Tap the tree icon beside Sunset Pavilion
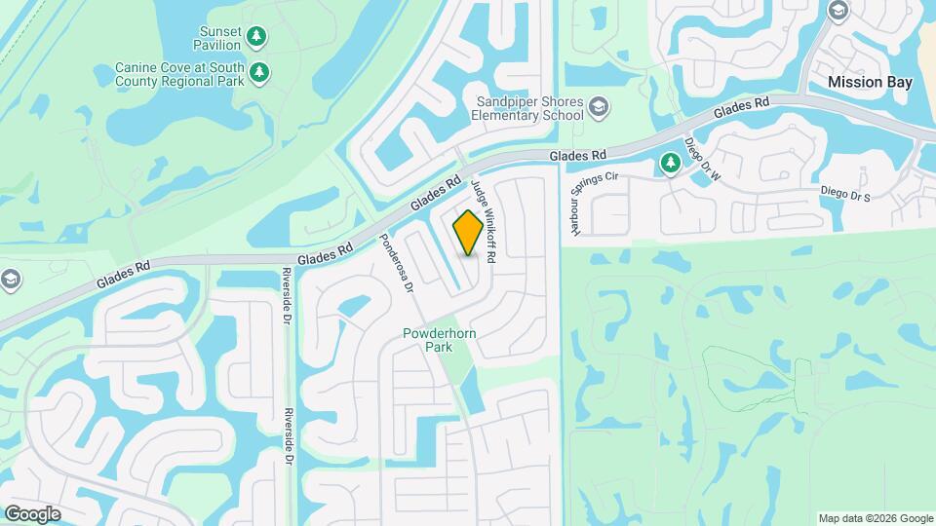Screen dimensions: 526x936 [x=256, y=37]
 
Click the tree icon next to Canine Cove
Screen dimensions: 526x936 [x=259, y=73]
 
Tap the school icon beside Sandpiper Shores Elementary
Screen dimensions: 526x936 [x=599, y=105]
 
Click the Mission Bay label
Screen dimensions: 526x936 [x=870, y=83]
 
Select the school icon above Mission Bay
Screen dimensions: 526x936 [x=838, y=11]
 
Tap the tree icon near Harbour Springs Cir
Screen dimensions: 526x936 [x=670, y=164]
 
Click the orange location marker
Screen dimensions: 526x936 [x=468, y=233]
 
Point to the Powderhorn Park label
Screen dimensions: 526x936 [x=436, y=340]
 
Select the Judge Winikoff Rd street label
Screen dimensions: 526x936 [x=485, y=221]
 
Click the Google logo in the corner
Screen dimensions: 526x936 [x=32, y=514]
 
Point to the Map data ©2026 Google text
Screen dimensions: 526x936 [x=876, y=518]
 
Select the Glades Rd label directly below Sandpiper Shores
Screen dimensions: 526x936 [x=577, y=155]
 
